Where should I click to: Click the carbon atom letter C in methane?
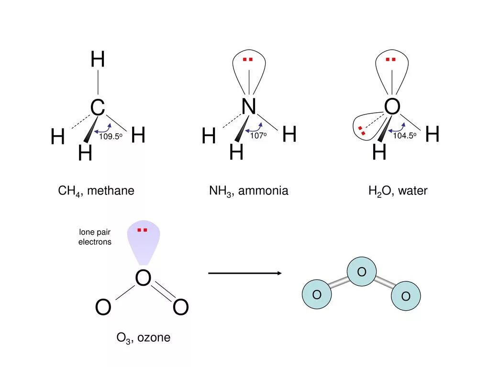(98, 108)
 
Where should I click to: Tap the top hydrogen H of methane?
(98, 60)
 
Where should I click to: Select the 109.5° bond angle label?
(111, 137)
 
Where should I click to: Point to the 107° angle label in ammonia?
(258, 136)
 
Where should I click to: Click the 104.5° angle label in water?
(405, 136)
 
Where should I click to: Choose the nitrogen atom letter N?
(249, 107)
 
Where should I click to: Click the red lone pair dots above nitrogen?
(247, 60)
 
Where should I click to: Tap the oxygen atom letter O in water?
(392, 107)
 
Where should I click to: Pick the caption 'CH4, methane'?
(96, 191)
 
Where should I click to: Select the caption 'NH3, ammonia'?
(248, 191)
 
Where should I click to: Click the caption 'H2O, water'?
(398, 191)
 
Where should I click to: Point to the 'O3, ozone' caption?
(144, 338)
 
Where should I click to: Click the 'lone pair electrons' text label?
(95, 237)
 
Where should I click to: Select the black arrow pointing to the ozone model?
(245, 273)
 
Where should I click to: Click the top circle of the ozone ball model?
(362, 272)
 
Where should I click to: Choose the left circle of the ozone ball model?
(317, 294)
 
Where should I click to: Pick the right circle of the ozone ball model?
(406, 296)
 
